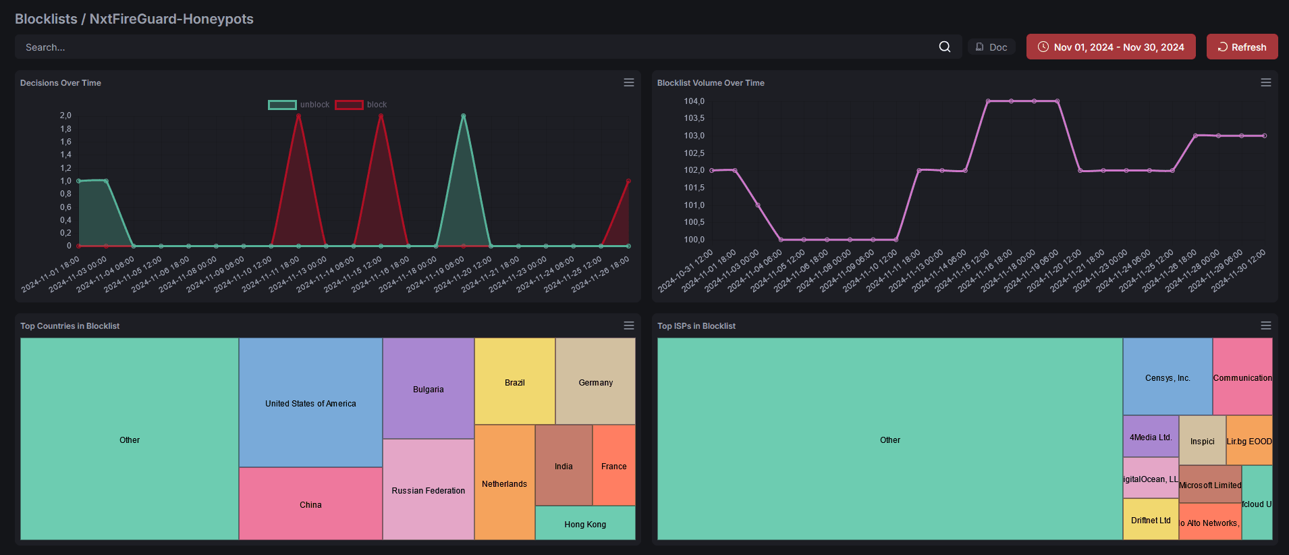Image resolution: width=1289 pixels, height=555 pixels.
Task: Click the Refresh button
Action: (x=1242, y=47)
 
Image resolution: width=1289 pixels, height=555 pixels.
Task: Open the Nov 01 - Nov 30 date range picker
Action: (x=1111, y=47)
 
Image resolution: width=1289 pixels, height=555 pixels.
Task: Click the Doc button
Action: (x=991, y=47)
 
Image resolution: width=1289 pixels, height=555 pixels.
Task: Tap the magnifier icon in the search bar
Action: (x=944, y=47)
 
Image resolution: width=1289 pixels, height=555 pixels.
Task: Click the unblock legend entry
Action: (x=299, y=105)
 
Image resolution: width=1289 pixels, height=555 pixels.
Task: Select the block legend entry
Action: (x=361, y=105)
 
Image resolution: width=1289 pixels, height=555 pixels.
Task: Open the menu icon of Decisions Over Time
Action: (x=628, y=82)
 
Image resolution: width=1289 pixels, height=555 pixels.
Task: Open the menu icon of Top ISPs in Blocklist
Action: (x=1265, y=325)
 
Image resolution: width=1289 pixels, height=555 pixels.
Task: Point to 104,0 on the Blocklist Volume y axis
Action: (x=694, y=101)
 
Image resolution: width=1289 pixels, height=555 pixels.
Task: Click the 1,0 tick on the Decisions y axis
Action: (x=65, y=181)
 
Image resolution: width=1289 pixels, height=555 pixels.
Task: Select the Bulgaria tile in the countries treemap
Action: (x=428, y=389)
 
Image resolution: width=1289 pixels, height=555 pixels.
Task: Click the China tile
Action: (x=310, y=504)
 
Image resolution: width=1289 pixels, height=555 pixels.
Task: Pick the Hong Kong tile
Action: (x=584, y=523)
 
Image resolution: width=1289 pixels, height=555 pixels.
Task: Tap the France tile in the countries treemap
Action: (x=613, y=466)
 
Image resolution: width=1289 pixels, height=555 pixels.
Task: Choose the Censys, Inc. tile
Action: (x=1167, y=377)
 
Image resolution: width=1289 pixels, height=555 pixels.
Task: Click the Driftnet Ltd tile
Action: (x=1150, y=519)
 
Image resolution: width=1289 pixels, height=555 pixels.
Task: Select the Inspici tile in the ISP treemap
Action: (x=1201, y=441)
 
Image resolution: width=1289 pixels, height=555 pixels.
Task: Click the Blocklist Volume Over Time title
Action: (x=710, y=83)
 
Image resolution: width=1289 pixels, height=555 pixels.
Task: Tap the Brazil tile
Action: (x=514, y=382)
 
